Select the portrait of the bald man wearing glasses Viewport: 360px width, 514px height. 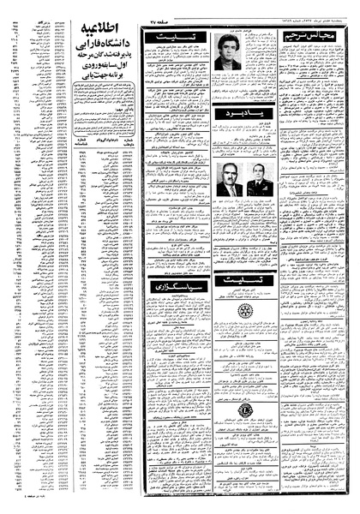228,181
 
